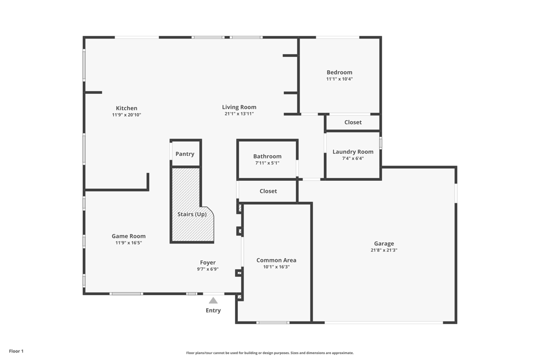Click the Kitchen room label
point(127,108)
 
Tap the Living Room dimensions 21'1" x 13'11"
point(239,114)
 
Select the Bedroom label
point(339,72)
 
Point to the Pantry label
point(185,154)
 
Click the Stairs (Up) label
point(192,215)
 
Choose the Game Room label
point(129,236)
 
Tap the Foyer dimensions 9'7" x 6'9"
point(208,269)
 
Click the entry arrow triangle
point(213,300)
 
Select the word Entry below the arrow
point(213,310)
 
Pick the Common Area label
point(276,260)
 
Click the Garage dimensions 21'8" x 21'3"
point(384,250)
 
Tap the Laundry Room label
point(353,152)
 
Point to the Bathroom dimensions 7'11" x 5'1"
point(267,163)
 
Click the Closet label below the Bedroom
point(353,122)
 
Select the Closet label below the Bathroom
point(268,191)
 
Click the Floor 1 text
point(16,351)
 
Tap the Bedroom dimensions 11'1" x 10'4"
point(339,79)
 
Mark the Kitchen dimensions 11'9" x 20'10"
point(127,115)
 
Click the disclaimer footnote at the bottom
point(270,353)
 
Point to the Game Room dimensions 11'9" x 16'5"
point(129,243)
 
